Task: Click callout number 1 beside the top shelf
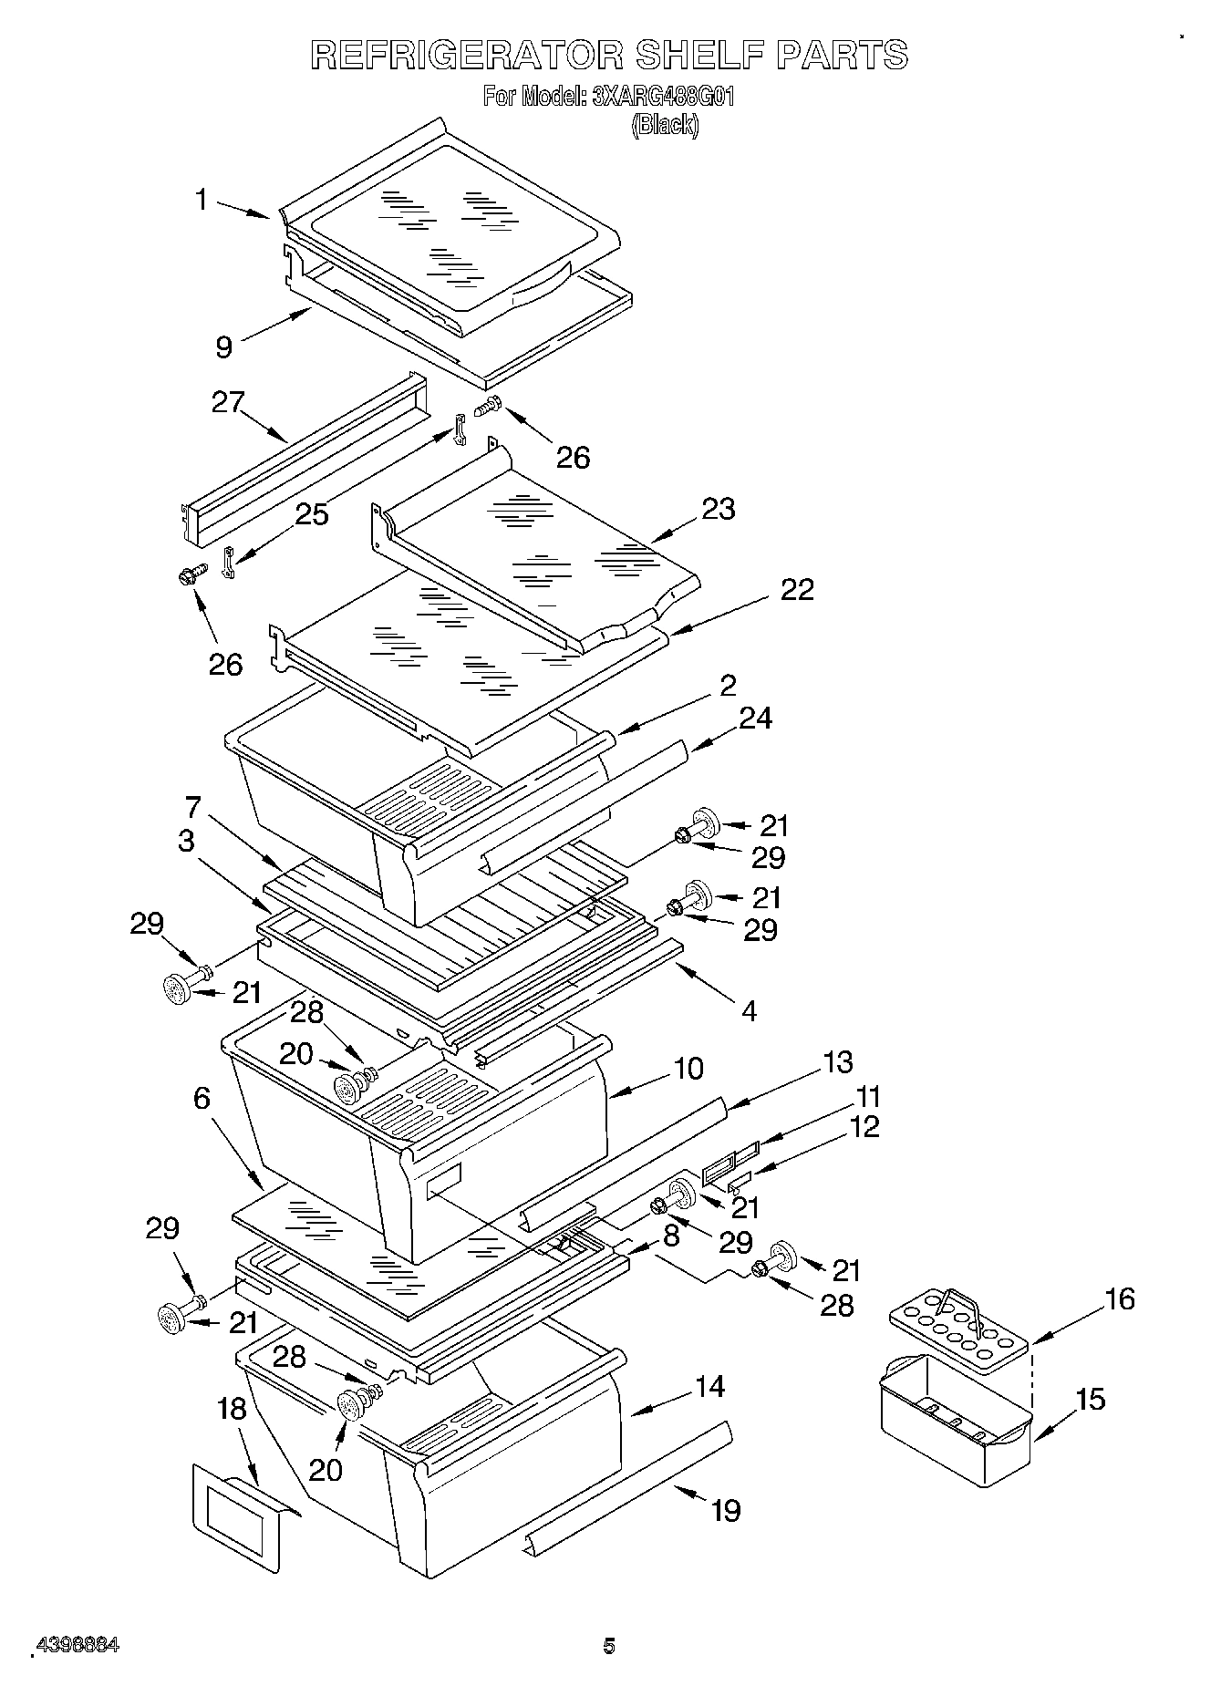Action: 202,200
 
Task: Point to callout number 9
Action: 224,347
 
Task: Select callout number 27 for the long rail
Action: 229,402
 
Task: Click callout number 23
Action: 719,509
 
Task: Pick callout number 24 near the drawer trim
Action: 755,719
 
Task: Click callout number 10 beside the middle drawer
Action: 688,1068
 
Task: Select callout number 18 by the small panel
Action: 232,1409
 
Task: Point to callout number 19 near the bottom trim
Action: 726,1511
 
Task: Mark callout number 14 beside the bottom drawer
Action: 709,1387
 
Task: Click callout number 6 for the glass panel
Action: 202,1099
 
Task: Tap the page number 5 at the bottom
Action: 609,1646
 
